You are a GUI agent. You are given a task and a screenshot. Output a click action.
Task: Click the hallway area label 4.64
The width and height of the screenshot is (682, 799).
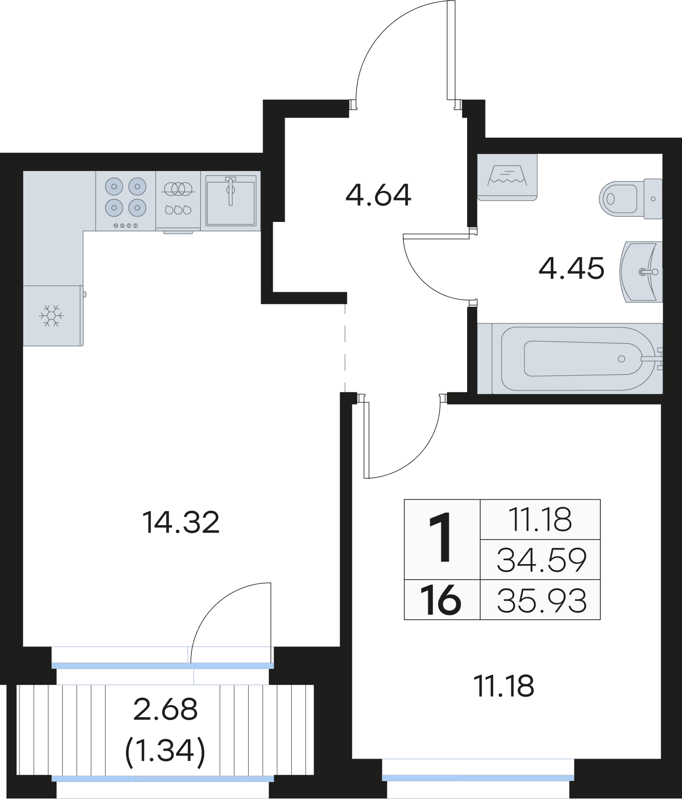[378, 195]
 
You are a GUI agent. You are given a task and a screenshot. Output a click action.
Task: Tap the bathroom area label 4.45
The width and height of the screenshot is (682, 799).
[571, 268]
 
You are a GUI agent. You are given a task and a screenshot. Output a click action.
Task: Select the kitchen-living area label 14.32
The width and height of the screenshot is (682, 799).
[181, 523]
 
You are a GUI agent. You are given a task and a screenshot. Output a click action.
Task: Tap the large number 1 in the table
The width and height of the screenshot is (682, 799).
[441, 539]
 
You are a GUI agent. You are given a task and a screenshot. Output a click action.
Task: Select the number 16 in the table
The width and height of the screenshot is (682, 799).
[441, 600]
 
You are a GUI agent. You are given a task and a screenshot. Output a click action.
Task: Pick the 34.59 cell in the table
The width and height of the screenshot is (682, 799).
[541, 560]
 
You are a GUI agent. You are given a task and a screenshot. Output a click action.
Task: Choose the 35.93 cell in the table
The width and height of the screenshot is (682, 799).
[541, 600]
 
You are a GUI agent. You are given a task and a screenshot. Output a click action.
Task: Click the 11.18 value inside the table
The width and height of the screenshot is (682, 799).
[540, 519]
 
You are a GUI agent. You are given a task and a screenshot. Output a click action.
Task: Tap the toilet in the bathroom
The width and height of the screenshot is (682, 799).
[631, 199]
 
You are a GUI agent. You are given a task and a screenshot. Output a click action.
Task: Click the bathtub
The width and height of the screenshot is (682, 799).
[570, 358]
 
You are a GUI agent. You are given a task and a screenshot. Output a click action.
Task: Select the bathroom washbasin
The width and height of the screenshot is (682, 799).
[641, 272]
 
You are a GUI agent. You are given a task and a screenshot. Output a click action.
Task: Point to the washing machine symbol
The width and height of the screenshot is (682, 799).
[507, 177]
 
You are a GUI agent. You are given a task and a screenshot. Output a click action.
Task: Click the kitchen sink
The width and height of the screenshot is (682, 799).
[231, 201]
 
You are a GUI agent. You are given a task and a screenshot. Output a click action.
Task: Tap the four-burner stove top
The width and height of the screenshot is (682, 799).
[126, 201]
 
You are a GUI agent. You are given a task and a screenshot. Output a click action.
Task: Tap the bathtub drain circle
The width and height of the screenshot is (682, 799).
[621, 359]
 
